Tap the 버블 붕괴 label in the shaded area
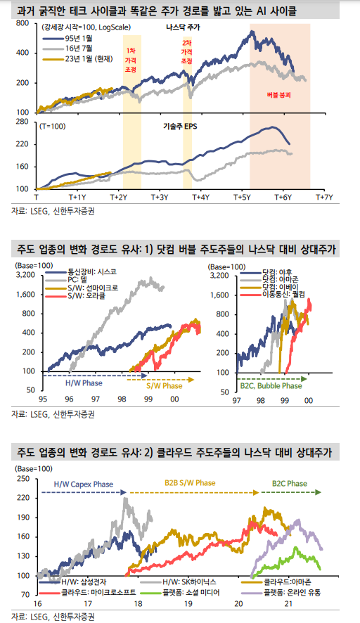point(279,94)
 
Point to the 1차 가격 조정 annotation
point(131,61)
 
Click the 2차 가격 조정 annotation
point(187,53)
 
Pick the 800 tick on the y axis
point(22,24)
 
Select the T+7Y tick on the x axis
point(323,198)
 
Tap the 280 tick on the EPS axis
point(22,122)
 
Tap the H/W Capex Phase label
point(82,484)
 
